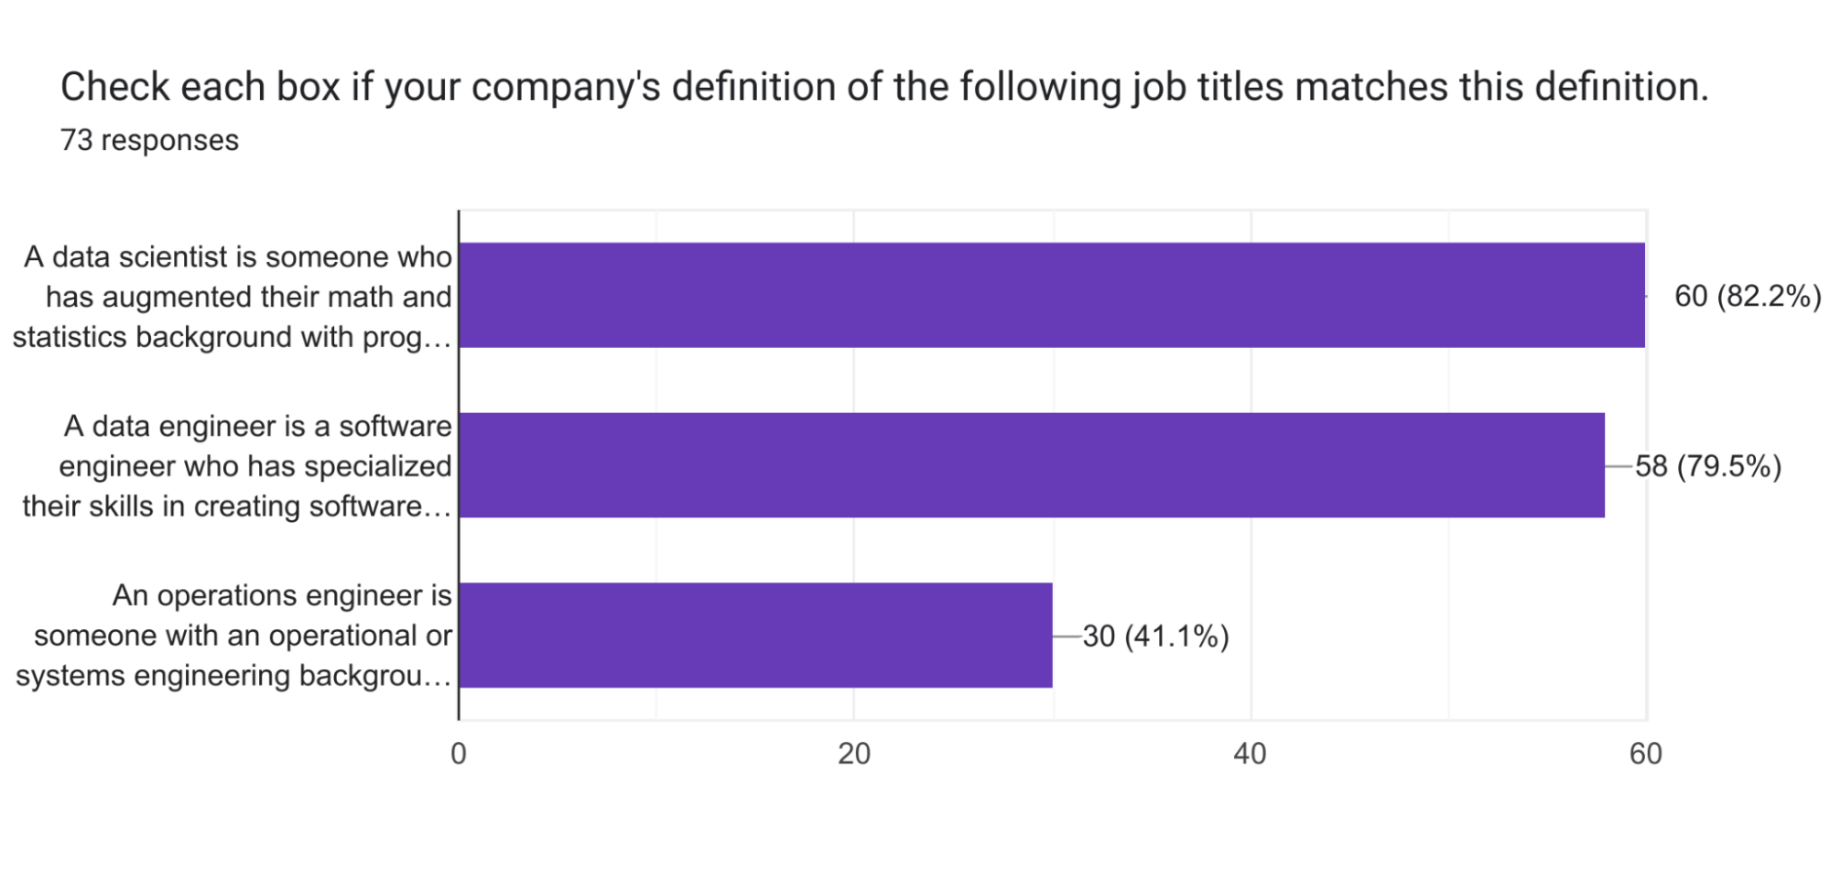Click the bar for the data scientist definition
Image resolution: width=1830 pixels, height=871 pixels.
point(1051,295)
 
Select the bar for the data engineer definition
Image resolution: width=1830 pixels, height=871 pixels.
point(1031,465)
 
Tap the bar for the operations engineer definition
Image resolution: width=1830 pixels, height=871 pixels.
point(755,635)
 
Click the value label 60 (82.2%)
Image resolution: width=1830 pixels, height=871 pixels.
point(1747,296)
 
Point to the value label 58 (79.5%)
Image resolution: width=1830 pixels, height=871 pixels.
point(1707,466)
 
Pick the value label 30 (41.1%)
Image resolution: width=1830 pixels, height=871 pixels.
point(1155,636)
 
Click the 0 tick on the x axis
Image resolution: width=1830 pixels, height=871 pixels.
point(459,754)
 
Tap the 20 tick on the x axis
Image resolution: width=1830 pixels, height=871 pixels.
point(854,754)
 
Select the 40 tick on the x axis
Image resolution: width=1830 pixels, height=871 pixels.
point(1250,754)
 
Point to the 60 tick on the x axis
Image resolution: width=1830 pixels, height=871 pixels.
point(1645,754)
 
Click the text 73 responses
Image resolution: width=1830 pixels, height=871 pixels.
point(149,140)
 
